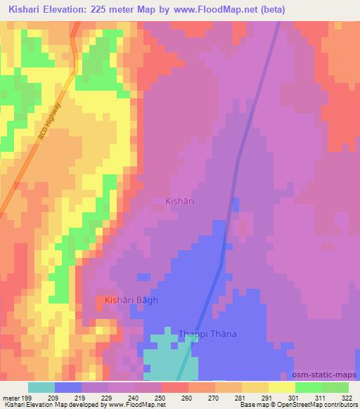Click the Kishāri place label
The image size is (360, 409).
[x=179, y=201]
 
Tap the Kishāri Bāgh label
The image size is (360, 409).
[x=131, y=300]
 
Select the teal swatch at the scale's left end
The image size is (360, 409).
[x=41, y=387]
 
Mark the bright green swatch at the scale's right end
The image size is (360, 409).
[x=335, y=387]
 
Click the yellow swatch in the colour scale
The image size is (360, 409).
[x=281, y=387]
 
